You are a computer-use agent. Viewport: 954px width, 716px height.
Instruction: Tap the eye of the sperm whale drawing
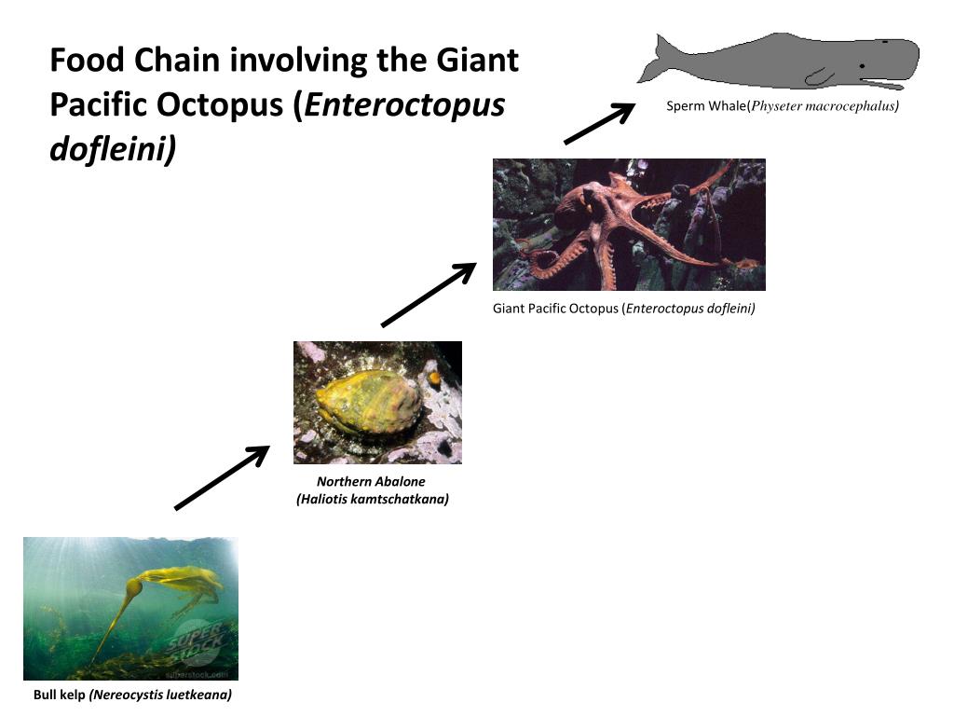pos(863,66)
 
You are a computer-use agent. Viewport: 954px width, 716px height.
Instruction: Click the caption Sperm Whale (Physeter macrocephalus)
pos(782,106)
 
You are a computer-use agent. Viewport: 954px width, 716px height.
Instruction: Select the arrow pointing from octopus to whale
pos(598,124)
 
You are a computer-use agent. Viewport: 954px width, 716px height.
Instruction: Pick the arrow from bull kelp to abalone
pos(222,478)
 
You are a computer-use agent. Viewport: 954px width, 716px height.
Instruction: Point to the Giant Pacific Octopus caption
pos(623,309)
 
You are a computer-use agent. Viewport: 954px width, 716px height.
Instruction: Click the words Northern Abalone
pos(371,482)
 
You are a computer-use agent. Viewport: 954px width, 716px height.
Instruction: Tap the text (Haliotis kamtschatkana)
pos(373,500)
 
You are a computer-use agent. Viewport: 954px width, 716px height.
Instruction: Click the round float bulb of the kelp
pos(134,587)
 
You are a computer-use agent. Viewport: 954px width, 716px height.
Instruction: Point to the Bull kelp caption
pos(132,695)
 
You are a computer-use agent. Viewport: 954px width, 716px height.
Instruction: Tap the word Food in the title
pos(88,61)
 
